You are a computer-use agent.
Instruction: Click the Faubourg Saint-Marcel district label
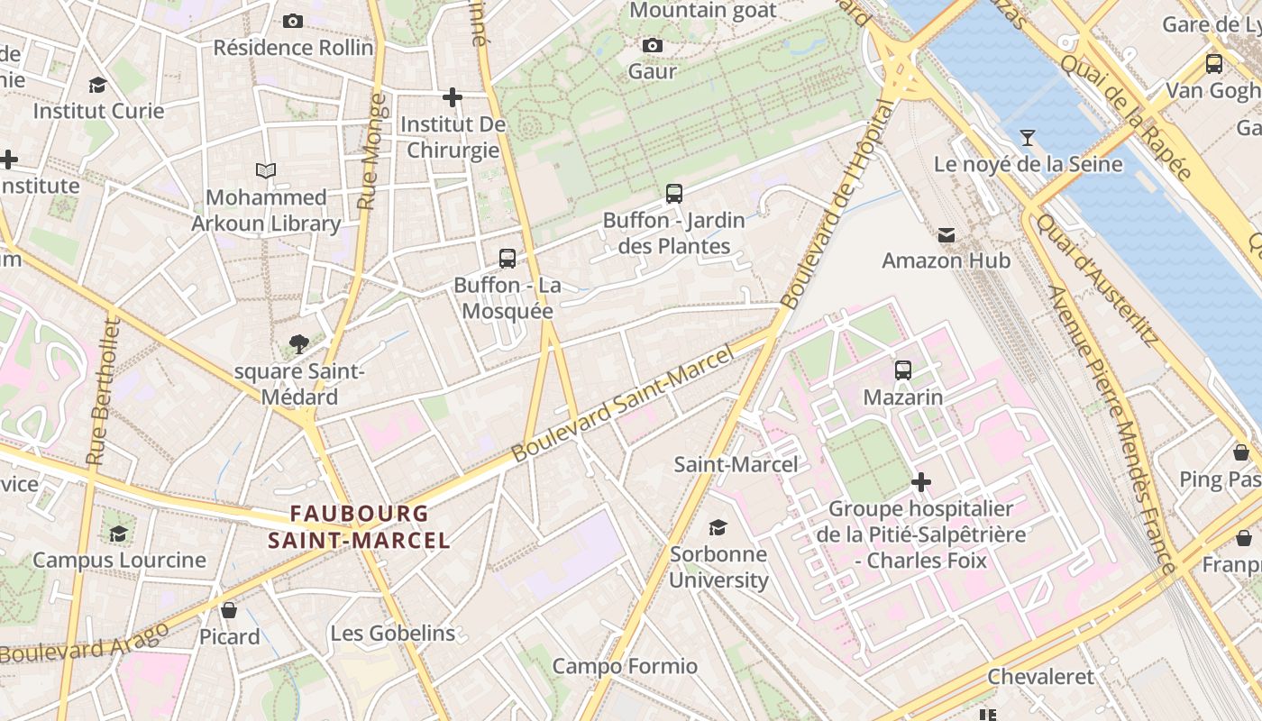click(359, 526)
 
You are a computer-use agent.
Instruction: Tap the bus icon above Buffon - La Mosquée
click(508, 259)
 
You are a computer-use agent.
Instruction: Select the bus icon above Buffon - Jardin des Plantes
click(673, 193)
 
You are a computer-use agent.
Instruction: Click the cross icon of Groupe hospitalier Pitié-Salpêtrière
click(920, 482)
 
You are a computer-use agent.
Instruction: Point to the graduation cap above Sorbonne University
click(718, 527)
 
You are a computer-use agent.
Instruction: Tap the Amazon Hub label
click(946, 260)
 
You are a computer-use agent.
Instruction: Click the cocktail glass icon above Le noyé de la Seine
click(1027, 138)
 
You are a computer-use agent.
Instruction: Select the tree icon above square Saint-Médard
click(298, 343)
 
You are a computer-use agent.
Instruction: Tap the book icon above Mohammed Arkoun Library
click(265, 170)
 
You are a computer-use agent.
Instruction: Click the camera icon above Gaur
click(653, 45)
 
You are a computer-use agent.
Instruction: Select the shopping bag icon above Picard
click(229, 610)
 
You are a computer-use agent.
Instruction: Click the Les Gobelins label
click(393, 634)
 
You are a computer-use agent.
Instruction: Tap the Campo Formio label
click(625, 666)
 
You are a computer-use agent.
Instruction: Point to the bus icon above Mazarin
click(902, 370)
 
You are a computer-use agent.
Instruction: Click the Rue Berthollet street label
click(104, 392)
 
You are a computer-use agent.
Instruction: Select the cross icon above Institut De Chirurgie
click(453, 96)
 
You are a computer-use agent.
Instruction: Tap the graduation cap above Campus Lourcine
click(118, 534)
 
